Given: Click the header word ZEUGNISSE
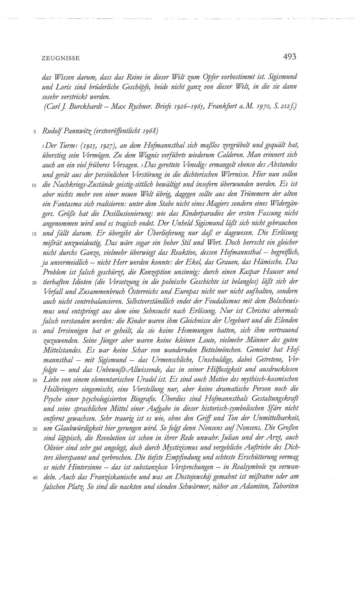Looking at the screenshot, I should (x=60, y=58).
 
